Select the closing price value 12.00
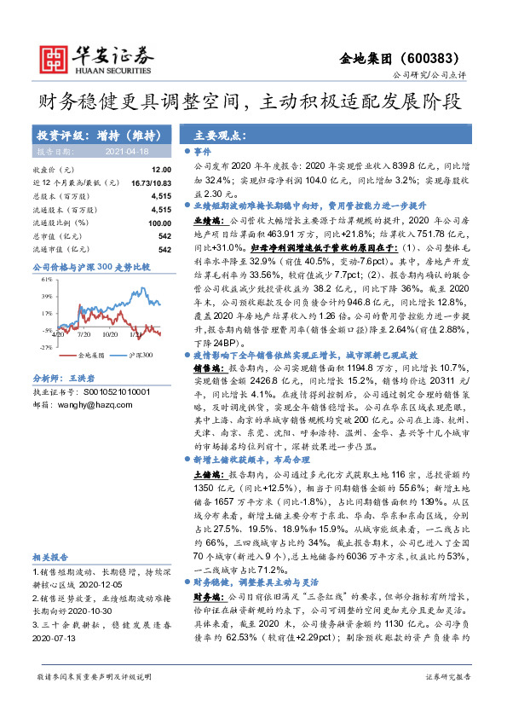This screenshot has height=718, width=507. coord(164,171)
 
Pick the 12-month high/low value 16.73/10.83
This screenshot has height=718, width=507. coord(152,182)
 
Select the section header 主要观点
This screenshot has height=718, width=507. coord(215,135)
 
